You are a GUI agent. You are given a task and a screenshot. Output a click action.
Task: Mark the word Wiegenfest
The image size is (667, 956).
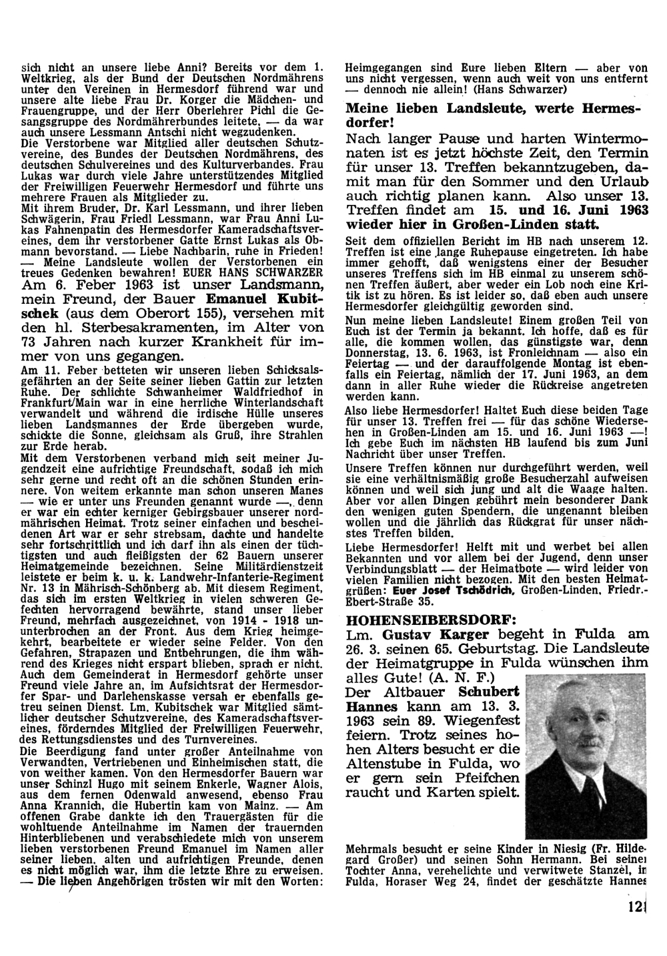click(477, 720)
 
